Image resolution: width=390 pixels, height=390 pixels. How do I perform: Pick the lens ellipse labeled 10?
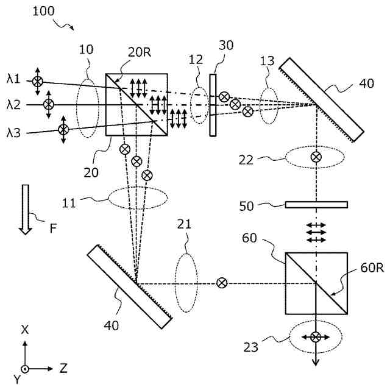pos(88,105)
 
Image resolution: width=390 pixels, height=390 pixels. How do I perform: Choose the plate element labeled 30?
pos(213,105)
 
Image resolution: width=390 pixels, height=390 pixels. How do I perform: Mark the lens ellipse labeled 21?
pos(188,283)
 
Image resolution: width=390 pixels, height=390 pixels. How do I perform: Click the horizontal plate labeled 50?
pos(316,205)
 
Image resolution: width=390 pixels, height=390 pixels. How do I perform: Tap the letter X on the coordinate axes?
pos(25,330)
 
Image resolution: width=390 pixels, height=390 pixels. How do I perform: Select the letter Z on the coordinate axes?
pos(63,368)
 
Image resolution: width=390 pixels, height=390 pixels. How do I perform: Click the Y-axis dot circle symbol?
pos(25,369)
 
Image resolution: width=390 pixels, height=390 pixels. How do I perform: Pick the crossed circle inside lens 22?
pos(316,157)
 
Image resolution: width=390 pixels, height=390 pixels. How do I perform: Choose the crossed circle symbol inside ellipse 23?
pos(316,337)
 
